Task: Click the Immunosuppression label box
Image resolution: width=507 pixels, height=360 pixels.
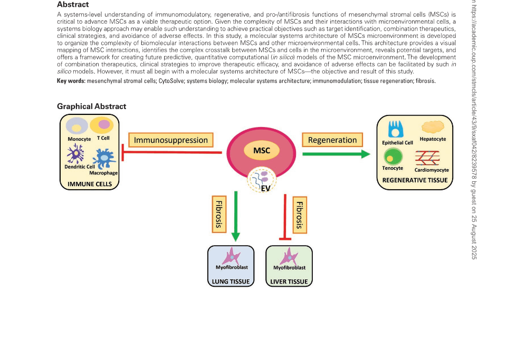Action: pyautogui.click(x=171, y=140)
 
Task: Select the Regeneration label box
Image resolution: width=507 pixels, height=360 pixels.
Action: pyautogui.click(x=332, y=140)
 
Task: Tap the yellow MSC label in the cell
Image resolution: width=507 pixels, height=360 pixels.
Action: pyautogui.click(x=261, y=151)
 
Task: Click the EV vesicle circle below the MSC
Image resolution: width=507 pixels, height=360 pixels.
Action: pyautogui.click(x=262, y=180)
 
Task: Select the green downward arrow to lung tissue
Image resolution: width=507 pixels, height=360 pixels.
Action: pyautogui.click(x=235, y=216)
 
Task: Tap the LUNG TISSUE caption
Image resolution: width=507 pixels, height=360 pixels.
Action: pyautogui.click(x=231, y=281)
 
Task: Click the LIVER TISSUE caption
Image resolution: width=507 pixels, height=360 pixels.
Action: pyautogui.click(x=289, y=281)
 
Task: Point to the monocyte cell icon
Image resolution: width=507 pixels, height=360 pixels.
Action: pyautogui.click(x=77, y=127)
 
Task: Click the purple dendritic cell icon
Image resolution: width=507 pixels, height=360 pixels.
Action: pyautogui.click(x=75, y=155)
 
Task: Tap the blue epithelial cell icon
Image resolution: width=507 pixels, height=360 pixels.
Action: pyautogui.click(x=396, y=130)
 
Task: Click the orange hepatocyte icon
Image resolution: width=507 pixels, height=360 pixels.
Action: pyautogui.click(x=433, y=127)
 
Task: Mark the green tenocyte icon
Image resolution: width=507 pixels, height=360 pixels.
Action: pyautogui.click(x=393, y=156)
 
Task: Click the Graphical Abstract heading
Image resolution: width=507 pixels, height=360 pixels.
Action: pyautogui.click(x=91, y=106)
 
